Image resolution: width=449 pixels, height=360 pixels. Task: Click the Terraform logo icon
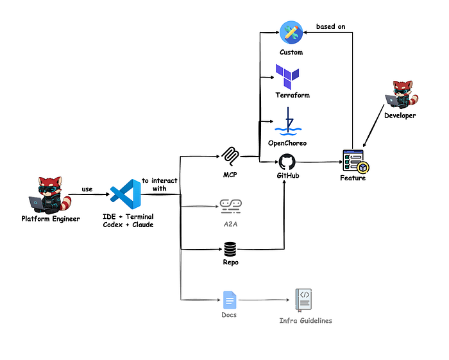click(287, 76)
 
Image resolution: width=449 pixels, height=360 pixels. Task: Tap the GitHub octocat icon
click(287, 162)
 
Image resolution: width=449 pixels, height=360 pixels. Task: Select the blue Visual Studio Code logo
click(126, 194)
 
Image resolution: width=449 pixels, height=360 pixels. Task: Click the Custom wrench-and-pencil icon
click(291, 32)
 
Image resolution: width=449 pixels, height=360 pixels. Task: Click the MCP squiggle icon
click(230, 157)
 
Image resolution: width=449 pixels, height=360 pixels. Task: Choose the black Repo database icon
click(230, 250)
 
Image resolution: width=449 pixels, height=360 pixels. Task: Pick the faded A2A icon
click(231, 207)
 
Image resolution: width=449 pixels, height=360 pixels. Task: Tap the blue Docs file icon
click(230, 300)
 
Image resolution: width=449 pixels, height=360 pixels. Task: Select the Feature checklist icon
click(356, 162)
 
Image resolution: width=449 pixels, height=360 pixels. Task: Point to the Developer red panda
click(402, 95)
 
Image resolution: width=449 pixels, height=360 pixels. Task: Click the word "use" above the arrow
click(87, 189)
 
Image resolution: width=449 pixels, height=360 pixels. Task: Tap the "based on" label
click(331, 26)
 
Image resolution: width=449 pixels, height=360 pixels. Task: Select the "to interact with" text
click(160, 184)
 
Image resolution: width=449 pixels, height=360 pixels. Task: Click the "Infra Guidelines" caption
click(305, 320)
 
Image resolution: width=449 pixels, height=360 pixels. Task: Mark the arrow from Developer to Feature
click(373, 126)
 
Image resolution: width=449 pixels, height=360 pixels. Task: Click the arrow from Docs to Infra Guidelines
click(264, 300)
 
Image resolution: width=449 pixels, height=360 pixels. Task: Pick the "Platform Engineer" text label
click(51, 219)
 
